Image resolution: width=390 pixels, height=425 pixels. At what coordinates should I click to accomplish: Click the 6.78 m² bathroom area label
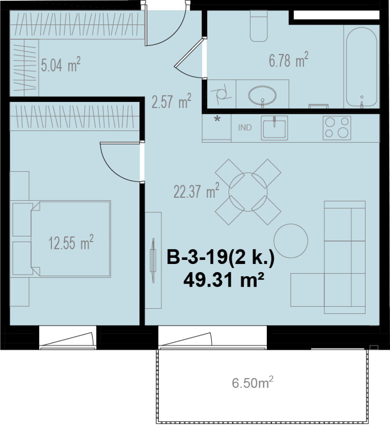tap(289, 60)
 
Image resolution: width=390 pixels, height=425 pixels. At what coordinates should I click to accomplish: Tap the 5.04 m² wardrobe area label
tap(60, 64)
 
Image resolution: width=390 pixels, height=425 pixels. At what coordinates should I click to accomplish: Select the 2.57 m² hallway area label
tap(171, 101)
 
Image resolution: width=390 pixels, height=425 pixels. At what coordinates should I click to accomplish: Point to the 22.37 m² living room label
tap(196, 191)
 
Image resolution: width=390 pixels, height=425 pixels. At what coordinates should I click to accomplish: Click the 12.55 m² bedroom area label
tap(71, 242)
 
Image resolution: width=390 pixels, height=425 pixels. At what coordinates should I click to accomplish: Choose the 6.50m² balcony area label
tap(253, 383)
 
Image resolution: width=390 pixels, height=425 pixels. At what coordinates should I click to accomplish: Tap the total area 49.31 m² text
tap(224, 280)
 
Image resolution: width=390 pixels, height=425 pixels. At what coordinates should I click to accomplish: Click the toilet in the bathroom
tap(259, 25)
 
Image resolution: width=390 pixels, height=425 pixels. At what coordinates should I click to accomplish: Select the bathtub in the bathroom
tap(361, 67)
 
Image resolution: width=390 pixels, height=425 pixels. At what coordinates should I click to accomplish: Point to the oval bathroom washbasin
tap(262, 95)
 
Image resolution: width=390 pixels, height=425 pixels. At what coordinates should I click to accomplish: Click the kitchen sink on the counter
tap(274, 128)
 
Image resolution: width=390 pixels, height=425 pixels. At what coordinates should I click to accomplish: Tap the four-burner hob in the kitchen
tap(337, 128)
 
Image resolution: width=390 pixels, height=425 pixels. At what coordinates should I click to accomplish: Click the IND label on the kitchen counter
tap(245, 127)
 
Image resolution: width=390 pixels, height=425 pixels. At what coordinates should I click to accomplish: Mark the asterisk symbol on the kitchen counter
tap(217, 119)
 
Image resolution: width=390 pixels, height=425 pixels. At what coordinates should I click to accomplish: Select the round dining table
tap(248, 192)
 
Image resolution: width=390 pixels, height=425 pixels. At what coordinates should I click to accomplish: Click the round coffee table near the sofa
tap(291, 241)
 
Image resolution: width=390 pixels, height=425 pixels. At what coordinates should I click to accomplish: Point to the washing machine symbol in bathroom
tap(221, 94)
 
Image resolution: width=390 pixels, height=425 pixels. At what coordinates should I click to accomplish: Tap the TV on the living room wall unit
tap(153, 260)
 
